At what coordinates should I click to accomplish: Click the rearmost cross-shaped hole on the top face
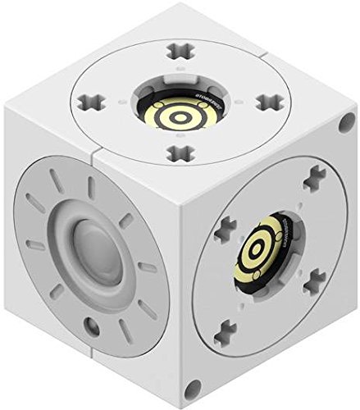(177, 52)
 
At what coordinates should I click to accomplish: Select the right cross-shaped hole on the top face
(265, 102)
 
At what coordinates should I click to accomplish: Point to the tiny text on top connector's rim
(198, 105)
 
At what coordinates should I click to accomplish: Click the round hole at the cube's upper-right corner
(343, 128)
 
